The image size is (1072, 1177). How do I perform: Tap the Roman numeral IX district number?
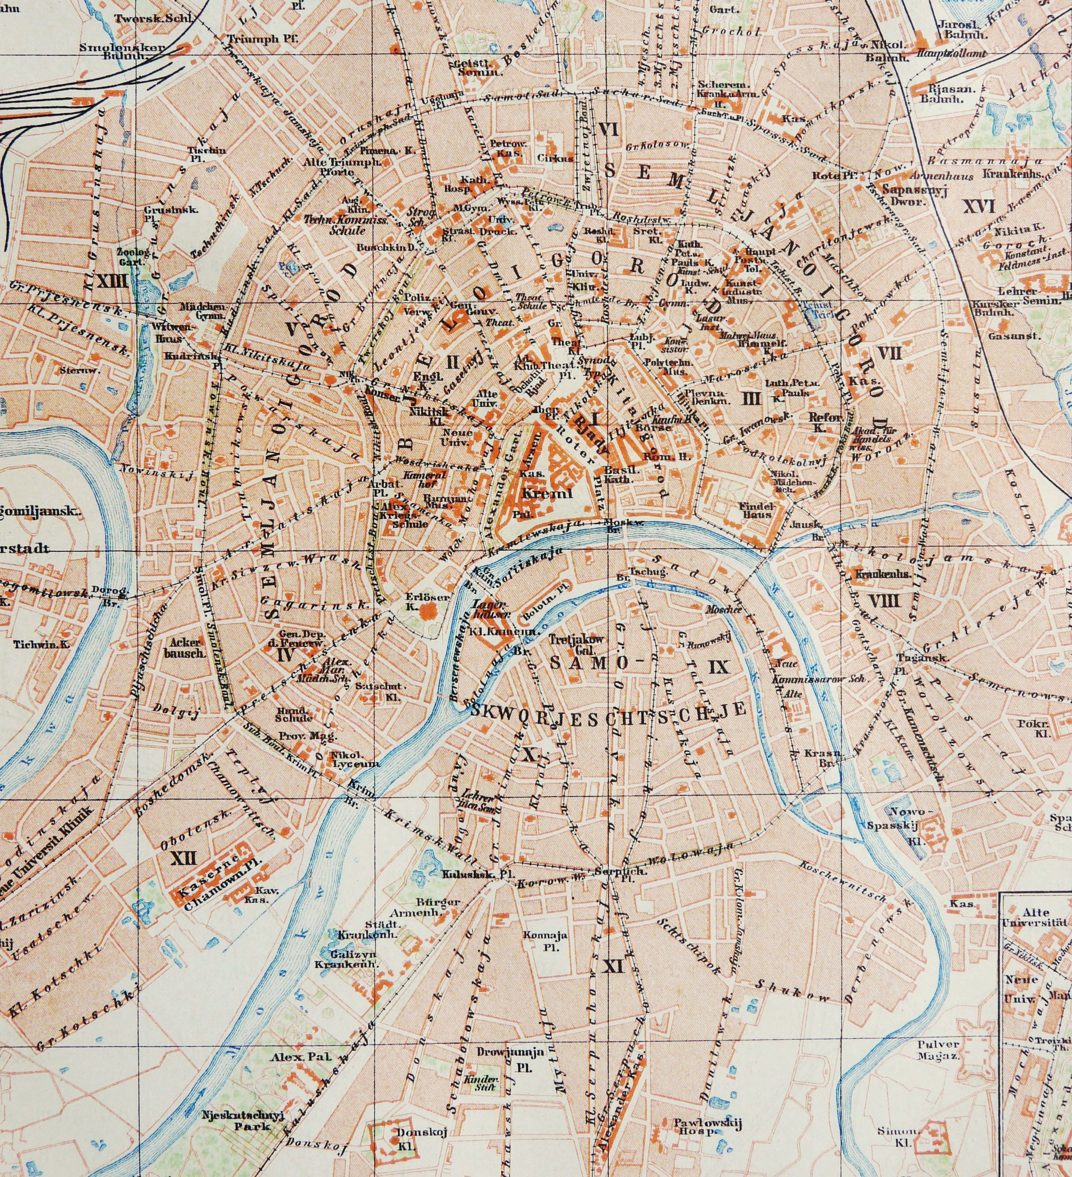[719, 666]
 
